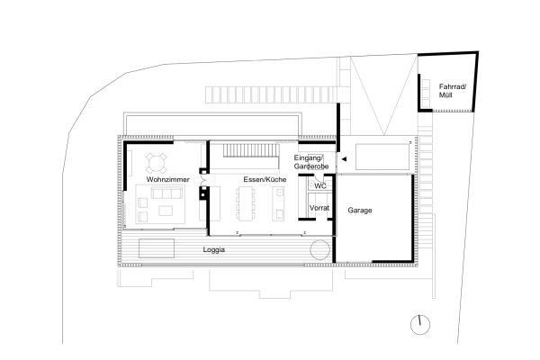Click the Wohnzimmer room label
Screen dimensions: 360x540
pos(168,181)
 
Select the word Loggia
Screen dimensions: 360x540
pos(214,249)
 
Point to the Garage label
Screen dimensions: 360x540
pos(357,211)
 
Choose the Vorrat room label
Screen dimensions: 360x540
pos(319,209)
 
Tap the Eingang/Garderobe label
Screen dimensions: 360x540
pos(312,162)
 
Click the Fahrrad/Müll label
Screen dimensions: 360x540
pos(452,90)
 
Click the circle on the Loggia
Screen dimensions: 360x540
pos(319,249)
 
